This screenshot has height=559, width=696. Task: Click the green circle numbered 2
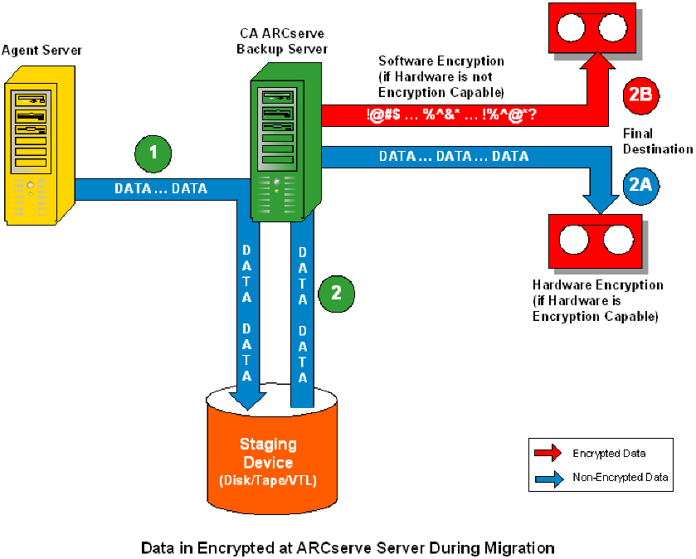pyautogui.click(x=336, y=292)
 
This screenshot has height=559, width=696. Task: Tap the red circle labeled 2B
pyautogui.click(x=640, y=95)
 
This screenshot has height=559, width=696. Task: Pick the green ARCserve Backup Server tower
pyautogui.click(x=284, y=141)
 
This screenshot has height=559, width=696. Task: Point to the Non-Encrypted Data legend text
pyautogui.click(x=620, y=477)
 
